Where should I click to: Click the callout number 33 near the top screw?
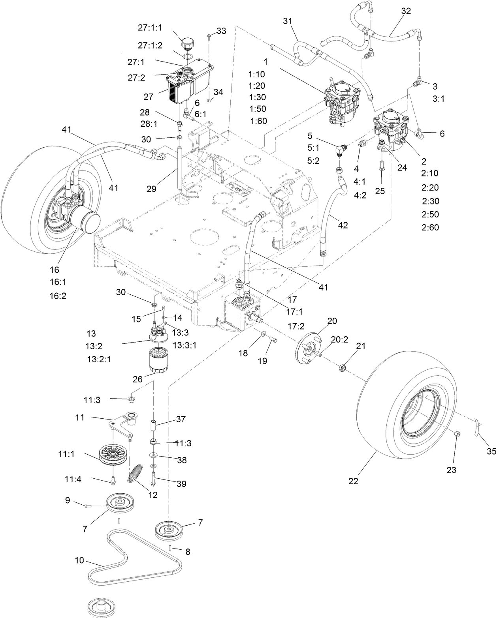pyautogui.click(x=221, y=31)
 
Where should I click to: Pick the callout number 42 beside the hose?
pyautogui.click(x=343, y=225)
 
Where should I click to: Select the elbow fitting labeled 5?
pyautogui.click(x=339, y=150)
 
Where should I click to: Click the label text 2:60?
pyautogui.click(x=430, y=227)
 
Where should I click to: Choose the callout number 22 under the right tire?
pyautogui.click(x=353, y=481)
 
